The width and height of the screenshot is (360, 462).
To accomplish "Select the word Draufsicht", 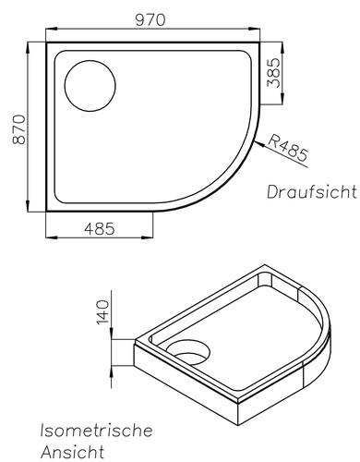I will tap(311, 192).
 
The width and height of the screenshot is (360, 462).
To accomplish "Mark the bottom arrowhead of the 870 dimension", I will tap(30, 210).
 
